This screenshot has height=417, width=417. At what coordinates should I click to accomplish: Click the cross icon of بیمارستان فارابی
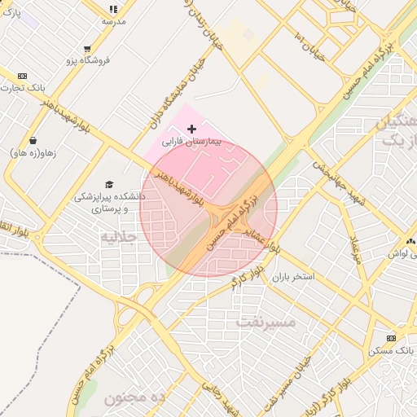click(192, 129)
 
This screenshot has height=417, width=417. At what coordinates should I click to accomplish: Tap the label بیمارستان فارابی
click(192, 142)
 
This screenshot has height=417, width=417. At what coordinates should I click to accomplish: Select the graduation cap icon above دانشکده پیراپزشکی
click(109, 184)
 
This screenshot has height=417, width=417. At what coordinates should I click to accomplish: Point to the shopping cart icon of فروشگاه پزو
click(87, 49)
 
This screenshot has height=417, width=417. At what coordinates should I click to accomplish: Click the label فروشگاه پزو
click(87, 61)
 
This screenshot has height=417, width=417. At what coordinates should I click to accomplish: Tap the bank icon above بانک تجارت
click(22, 76)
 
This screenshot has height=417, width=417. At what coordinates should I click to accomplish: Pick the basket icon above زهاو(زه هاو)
click(32, 140)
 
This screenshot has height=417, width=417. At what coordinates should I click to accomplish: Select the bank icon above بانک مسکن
click(391, 338)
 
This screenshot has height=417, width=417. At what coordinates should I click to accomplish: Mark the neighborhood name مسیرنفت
click(266, 321)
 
